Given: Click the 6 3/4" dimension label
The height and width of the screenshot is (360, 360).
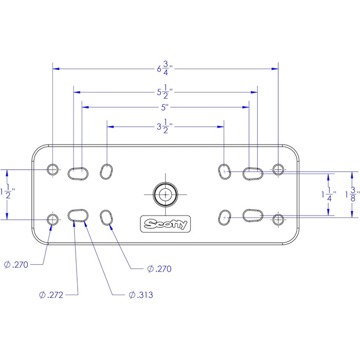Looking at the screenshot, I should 165,68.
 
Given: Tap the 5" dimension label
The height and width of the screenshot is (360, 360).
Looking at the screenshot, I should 165,107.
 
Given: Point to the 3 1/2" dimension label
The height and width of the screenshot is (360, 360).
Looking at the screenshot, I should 165,127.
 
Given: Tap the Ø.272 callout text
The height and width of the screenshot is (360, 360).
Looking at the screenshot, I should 51,295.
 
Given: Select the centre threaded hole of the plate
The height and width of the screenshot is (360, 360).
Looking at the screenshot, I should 166,194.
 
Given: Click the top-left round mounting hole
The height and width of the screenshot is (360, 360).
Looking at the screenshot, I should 52,169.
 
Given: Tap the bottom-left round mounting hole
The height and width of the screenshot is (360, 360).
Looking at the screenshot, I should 52,220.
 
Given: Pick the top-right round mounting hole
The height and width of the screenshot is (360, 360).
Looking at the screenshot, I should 278,169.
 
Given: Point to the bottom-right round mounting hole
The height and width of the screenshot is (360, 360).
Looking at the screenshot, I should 278,220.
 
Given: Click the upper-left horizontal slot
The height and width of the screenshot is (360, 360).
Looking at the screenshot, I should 78,173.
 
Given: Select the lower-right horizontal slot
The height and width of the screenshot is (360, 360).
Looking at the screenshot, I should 253,215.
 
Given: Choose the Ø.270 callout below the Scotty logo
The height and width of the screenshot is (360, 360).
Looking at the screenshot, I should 158,268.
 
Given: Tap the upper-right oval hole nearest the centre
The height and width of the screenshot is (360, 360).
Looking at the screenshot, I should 224,170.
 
